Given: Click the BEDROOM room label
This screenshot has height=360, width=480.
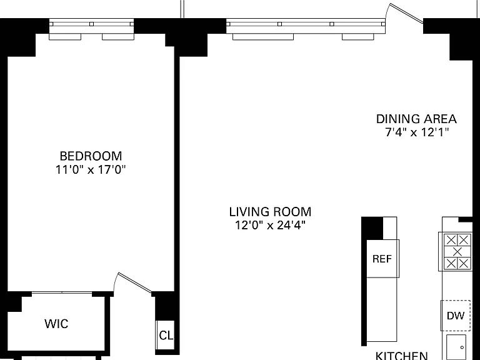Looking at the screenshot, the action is tap(91, 156).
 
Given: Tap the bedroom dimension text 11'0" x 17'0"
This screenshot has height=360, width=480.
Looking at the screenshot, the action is tap(91, 169).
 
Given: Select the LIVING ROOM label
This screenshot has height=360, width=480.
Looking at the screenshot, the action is tap(270, 212).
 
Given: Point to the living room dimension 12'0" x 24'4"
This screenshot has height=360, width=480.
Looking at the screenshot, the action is tap(270, 225).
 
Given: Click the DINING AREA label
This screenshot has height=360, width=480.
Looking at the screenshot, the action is tap(416, 119).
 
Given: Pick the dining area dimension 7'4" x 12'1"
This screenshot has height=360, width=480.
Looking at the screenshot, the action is tap(416, 132).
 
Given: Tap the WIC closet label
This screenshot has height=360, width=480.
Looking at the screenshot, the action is tap(57, 324).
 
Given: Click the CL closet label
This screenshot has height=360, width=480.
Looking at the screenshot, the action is tap(166, 336).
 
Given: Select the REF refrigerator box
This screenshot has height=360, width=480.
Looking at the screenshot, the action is tap(382, 259).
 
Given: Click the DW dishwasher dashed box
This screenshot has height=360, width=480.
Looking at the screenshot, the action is tap(456, 316).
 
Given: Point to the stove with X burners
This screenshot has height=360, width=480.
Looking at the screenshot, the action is tap(456, 252).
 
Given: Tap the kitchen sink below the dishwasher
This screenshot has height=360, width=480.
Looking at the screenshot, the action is tap(456, 347).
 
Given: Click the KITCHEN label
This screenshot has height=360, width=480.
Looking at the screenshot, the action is tap(402, 356).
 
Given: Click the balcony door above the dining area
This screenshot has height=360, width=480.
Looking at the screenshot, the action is tap(405, 13).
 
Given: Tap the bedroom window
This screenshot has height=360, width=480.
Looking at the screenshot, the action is tap(91, 29).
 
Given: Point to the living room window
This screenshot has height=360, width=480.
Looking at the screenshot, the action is tap(306, 29).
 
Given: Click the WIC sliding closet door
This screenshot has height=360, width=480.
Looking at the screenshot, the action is tap(62, 293).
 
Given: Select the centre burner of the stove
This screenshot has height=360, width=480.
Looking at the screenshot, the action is tap(457, 252).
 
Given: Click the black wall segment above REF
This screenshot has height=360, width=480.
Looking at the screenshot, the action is tap(372, 228).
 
